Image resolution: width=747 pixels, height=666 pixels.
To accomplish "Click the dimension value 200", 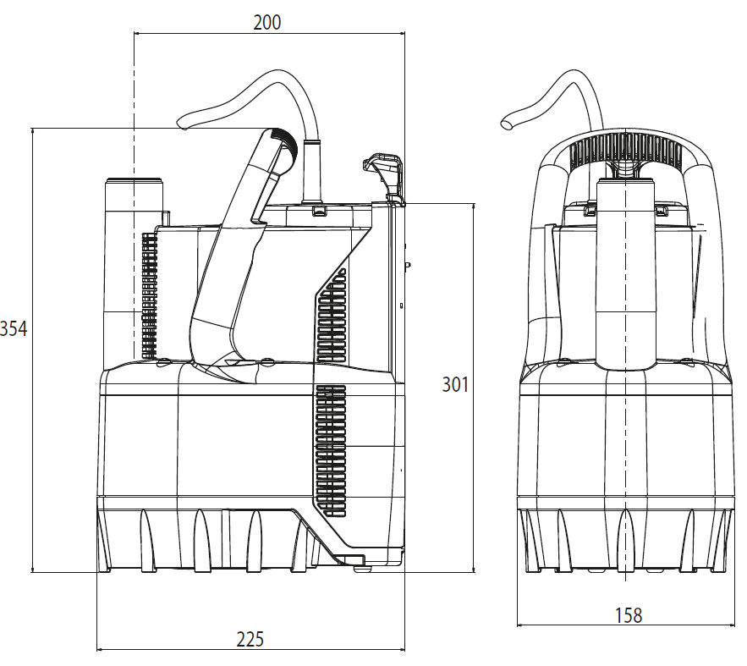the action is click(x=266, y=22).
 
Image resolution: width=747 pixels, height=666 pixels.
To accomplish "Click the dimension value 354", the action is click(x=14, y=328).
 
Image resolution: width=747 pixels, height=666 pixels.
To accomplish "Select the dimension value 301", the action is click(x=455, y=384).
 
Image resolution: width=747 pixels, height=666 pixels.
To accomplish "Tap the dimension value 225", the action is click(x=250, y=639).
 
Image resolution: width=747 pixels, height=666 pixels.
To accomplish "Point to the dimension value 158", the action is click(x=629, y=615).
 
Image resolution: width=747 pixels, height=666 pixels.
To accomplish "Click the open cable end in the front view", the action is click(x=508, y=123).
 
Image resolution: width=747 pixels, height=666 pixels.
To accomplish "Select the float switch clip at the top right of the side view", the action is click(x=384, y=175).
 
